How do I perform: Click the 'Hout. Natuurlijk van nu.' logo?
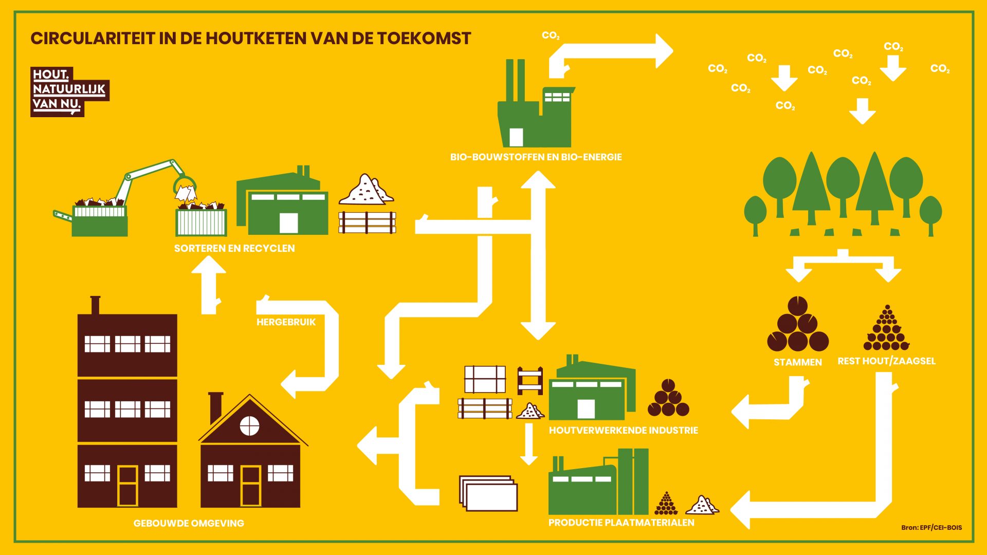(x=70, y=91)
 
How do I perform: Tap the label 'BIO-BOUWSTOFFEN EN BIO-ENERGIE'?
(x=536, y=157)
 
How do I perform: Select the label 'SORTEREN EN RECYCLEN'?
(x=234, y=248)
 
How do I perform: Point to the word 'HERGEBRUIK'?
(x=286, y=322)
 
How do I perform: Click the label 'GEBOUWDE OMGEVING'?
(x=189, y=523)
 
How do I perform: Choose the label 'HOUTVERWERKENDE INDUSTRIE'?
(x=624, y=430)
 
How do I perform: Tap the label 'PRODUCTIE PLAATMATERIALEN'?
(x=622, y=523)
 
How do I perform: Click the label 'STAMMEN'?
(x=798, y=362)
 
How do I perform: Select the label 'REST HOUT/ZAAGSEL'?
(x=887, y=361)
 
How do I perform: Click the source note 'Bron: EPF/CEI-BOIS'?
(x=931, y=527)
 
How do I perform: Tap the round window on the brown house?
(x=250, y=425)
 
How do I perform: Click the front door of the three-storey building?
(x=127, y=486)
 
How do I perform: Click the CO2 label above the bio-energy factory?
(x=551, y=35)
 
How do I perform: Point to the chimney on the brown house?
(x=216, y=409)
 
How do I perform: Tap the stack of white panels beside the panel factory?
(x=488, y=493)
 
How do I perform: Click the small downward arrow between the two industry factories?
(x=528, y=444)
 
